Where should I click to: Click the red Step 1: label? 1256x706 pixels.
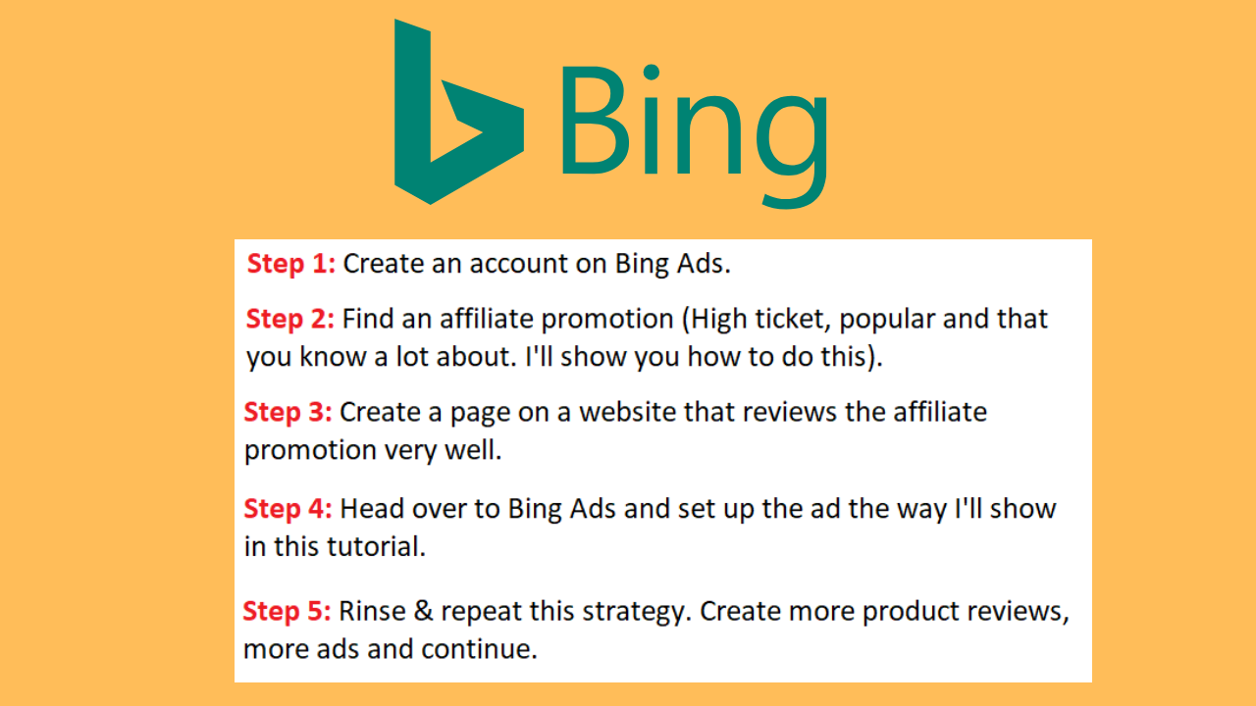point(291,264)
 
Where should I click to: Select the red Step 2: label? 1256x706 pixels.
point(289,320)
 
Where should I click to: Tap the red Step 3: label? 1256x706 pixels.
point(288,413)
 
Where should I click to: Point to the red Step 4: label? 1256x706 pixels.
point(288,509)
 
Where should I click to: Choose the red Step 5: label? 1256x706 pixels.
point(287,611)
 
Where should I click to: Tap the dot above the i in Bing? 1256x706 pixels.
point(651,73)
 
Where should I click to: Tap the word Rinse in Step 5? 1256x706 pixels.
point(372,611)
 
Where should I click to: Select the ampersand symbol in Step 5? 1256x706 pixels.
point(423,611)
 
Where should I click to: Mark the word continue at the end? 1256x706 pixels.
point(480,649)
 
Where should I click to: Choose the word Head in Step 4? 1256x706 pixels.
point(372,509)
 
